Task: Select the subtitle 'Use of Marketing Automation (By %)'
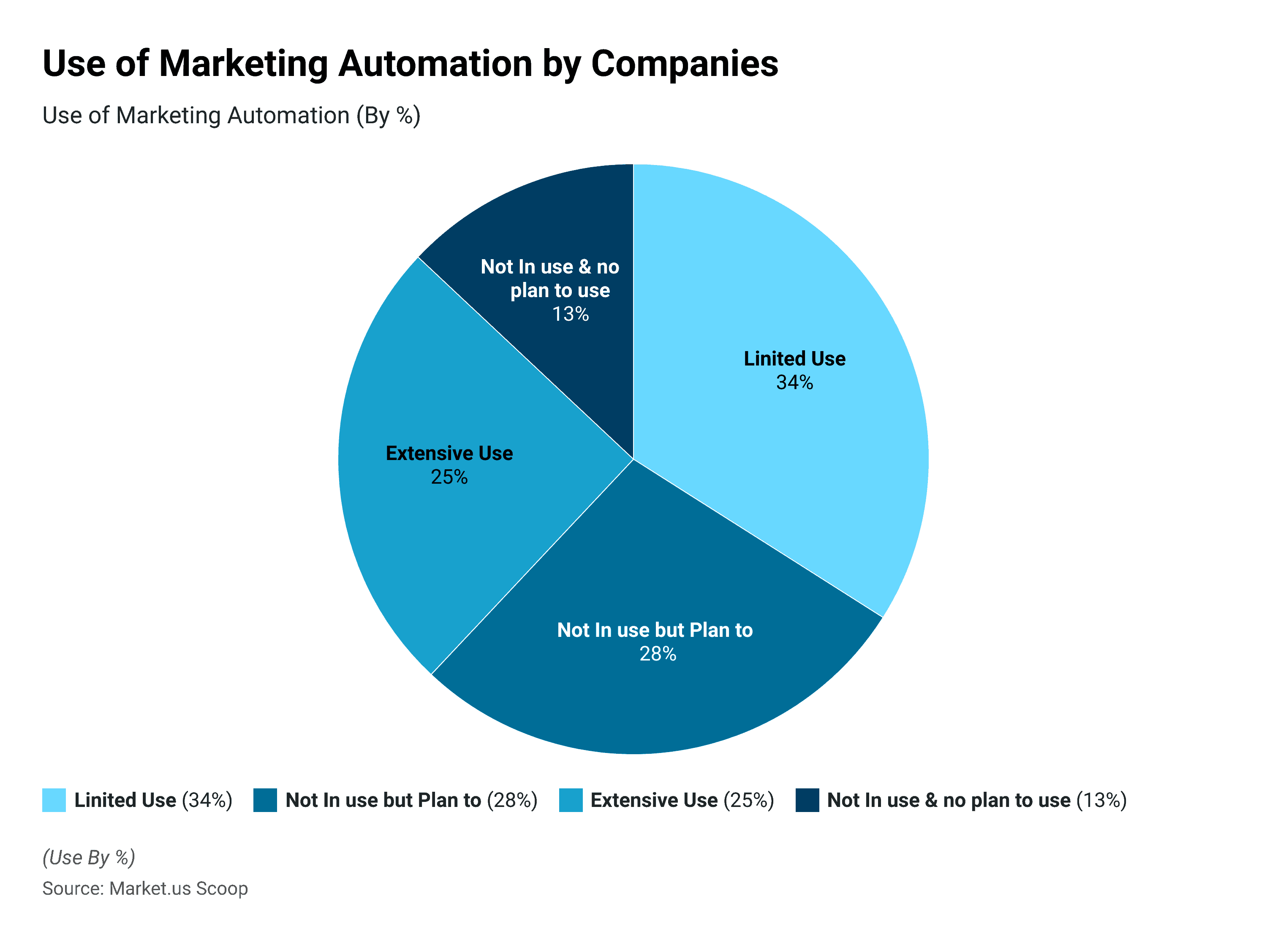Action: [231, 115]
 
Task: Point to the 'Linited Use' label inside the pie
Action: [794, 359]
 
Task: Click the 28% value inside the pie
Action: [657, 653]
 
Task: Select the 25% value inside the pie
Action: [449, 477]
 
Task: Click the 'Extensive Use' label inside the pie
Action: [449, 453]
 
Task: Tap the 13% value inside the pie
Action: [570, 314]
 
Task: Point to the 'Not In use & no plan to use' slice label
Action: [550, 278]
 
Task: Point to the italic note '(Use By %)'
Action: [88, 857]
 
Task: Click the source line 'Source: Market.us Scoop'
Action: [145, 888]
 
